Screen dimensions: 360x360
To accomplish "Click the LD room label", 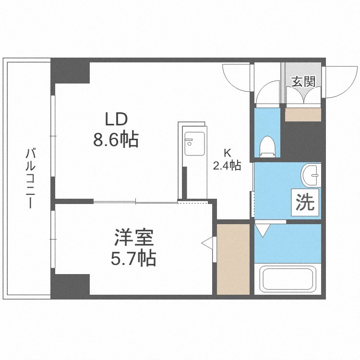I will tap(115, 119).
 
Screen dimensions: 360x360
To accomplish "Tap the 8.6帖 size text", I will tap(116, 140).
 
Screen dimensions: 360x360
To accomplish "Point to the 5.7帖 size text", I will tap(133, 259).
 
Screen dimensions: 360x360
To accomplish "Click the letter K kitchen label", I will tap(227, 154).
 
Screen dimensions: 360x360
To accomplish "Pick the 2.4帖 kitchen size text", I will tap(227, 166).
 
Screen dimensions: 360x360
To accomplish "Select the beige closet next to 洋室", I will tap(233, 259).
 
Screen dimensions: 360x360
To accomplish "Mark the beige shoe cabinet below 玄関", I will tap(303, 115).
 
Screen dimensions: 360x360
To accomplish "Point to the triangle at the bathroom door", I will tap(263, 229).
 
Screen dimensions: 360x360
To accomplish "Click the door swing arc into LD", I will tap(237, 77).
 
